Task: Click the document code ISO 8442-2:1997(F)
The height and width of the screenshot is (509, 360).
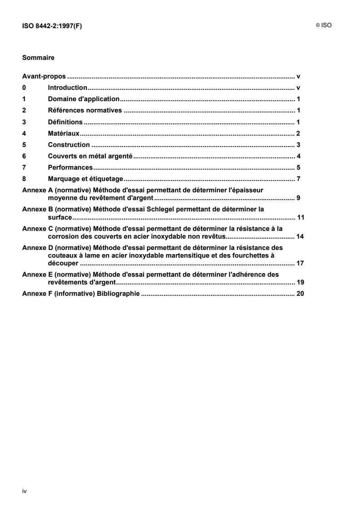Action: point(52,26)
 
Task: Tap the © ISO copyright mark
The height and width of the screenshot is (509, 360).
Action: point(324,26)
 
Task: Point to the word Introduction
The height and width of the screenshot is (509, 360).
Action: point(67,88)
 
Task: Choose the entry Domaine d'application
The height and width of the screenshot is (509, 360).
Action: point(84,99)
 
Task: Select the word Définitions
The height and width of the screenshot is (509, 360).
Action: point(65,122)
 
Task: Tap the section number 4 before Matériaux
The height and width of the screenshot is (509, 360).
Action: point(24,133)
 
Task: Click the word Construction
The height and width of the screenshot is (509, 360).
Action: point(69,145)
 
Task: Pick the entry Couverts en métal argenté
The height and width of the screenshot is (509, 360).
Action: point(89,157)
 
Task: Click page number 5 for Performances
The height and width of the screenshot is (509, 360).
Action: point(299,168)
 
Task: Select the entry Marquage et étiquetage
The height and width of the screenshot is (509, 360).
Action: point(86,179)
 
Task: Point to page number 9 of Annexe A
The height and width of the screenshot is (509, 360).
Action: point(299,198)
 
